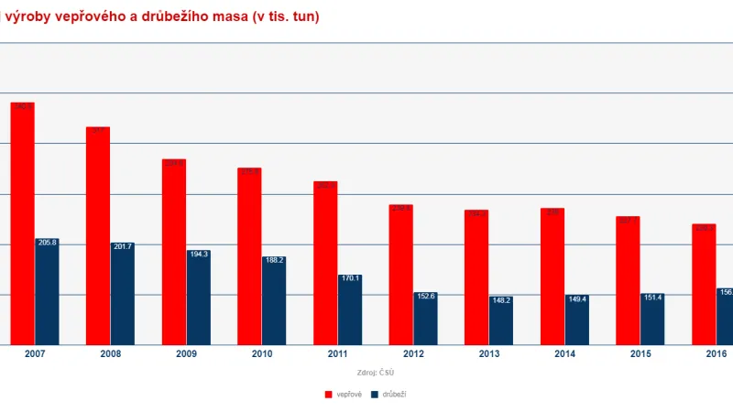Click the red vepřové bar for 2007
pos(23,224)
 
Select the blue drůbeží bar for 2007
pos(47,293)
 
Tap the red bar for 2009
pos(174,253)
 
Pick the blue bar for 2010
pos(273,302)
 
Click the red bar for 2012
pos(400,275)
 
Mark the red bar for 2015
pos(628,281)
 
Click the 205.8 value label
pos(47,243)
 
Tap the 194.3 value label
pos(198,254)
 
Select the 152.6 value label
pos(425,296)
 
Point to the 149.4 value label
pos(576,298)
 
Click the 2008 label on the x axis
pos(110,354)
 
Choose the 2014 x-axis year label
pos(563,354)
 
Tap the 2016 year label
pos(716,354)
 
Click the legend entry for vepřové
pos(343,394)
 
